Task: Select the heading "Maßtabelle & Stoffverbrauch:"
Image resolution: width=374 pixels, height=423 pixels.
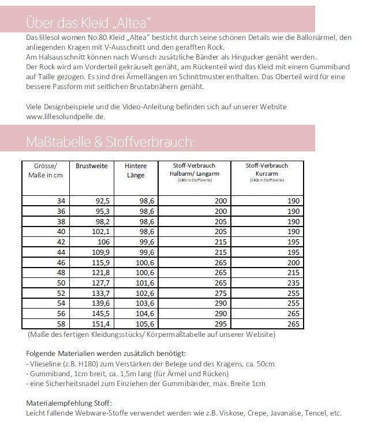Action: pyautogui.click(x=110, y=142)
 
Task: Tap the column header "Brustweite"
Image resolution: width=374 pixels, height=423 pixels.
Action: pyautogui.click(x=92, y=166)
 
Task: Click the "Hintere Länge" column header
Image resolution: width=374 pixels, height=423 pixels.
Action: pyautogui.click(x=135, y=170)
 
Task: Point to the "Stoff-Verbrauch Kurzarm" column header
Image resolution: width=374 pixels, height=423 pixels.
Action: pyautogui.click(x=267, y=169)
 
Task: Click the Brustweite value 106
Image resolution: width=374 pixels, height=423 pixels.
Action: pyautogui.click(x=101, y=242)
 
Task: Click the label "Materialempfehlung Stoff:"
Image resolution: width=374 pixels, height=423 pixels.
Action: pyautogui.click(x=69, y=403)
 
